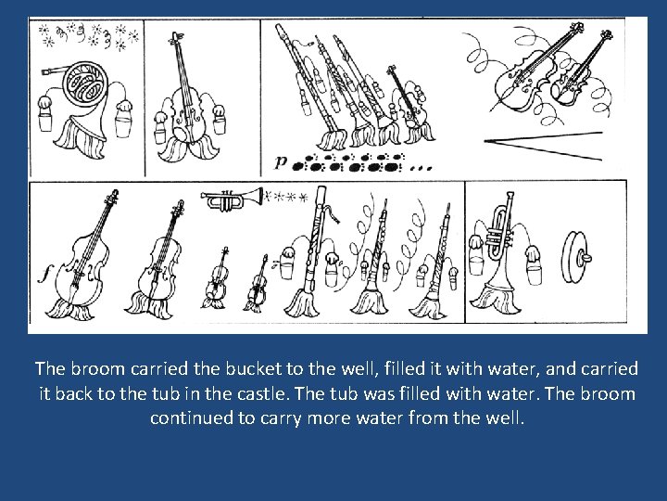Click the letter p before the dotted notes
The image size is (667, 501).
click(281, 162)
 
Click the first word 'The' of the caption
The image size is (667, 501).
click(51, 369)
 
